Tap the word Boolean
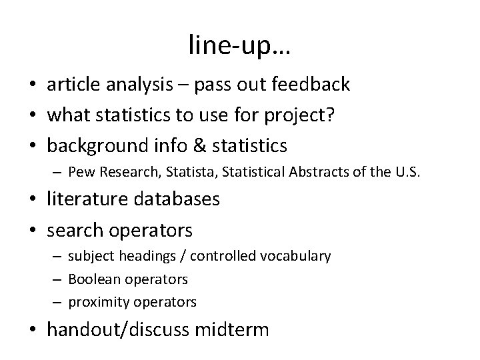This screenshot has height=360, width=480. [x=91, y=279]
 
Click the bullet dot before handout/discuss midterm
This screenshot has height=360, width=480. [x=33, y=330]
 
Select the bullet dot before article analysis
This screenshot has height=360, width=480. [x=33, y=85]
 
